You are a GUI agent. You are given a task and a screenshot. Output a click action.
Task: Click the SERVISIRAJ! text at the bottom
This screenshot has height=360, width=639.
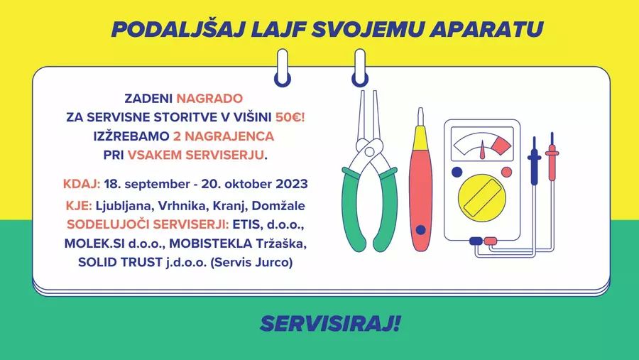(x=330, y=324)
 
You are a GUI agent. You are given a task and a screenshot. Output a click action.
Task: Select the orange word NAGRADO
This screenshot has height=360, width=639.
(x=209, y=98)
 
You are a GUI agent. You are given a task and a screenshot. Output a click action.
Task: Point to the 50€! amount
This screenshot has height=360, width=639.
(x=290, y=117)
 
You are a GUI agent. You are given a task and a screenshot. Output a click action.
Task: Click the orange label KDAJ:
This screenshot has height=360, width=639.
(x=82, y=184)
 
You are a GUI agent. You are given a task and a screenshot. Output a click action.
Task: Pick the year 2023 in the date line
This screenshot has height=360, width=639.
(x=292, y=184)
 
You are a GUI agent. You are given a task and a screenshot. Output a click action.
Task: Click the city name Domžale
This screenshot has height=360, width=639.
(x=278, y=205)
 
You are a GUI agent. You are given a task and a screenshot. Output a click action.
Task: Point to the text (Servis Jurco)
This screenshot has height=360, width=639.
(x=251, y=262)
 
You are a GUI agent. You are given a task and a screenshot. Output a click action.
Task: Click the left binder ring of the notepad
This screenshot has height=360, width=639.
(x=283, y=67)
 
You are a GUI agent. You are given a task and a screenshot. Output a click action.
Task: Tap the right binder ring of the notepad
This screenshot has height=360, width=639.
(x=360, y=67)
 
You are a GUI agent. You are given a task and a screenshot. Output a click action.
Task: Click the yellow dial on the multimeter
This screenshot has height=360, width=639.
(x=482, y=196)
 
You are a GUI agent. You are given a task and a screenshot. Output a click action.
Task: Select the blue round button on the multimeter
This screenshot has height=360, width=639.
(x=457, y=172)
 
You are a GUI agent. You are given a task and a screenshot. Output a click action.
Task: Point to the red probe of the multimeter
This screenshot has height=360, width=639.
(x=552, y=157)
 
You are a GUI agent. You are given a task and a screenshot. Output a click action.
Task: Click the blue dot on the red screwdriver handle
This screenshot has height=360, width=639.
(x=420, y=230)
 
